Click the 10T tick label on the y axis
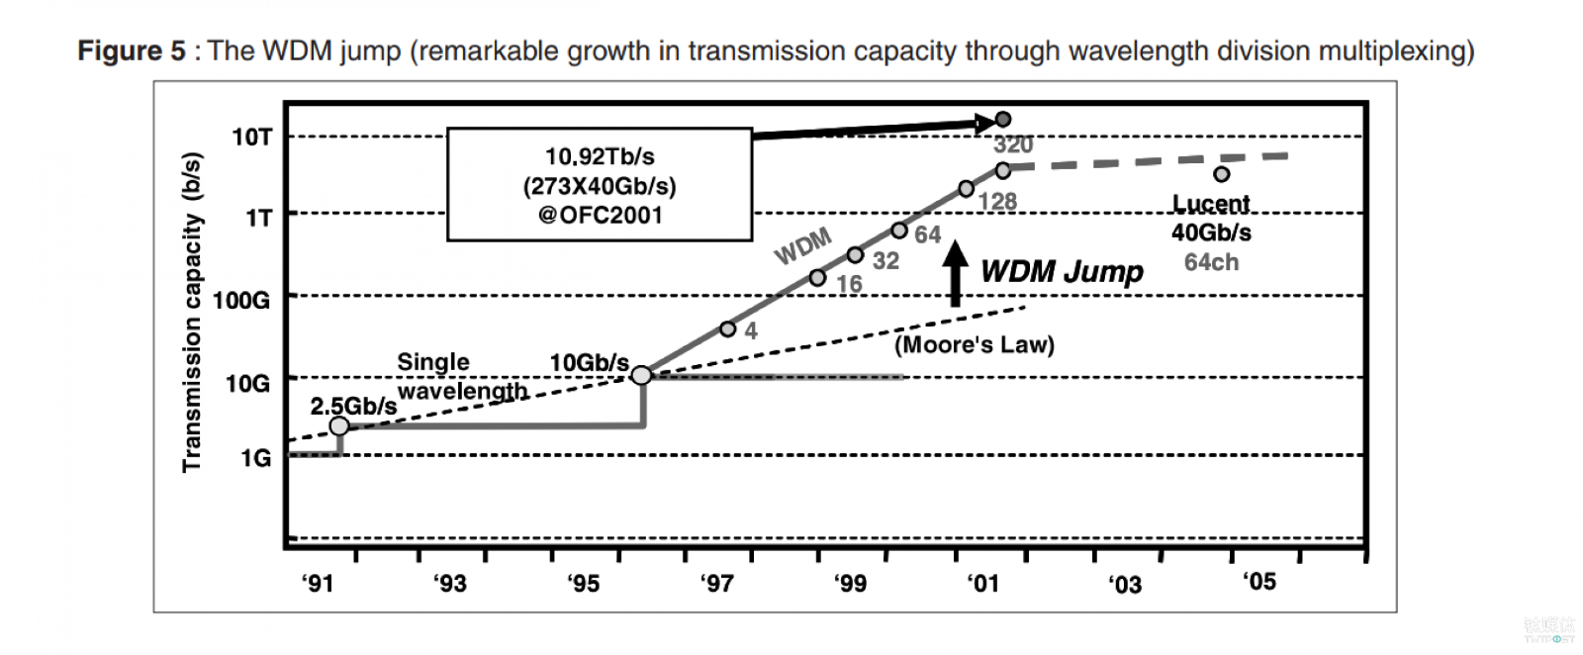[251, 137]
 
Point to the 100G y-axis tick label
[240, 300]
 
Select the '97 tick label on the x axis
[716, 583]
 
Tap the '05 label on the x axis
[1258, 581]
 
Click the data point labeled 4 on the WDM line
[728, 328]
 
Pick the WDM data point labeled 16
[817, 278]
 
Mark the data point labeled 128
[967, 189]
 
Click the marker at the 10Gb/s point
[642, 375]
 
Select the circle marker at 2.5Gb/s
[339, 425]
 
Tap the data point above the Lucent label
[1222, 174]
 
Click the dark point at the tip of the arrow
[1003, 120]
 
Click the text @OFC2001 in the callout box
[600, 215]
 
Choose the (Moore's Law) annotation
[975, 344]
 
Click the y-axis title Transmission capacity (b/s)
[192, 312]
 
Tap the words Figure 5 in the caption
[132, 50]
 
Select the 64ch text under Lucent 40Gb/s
[1211, 262]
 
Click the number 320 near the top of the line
[1013, 144]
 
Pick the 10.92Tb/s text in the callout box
[600, 156]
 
